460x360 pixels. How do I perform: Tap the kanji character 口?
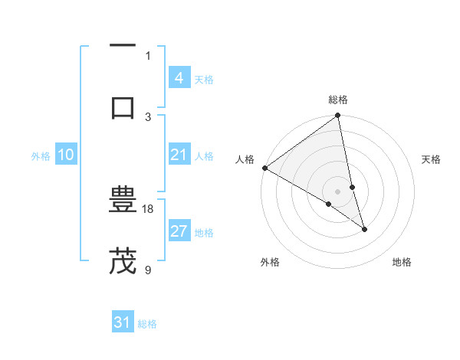pos(123,107)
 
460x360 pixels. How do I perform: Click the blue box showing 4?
pos(179,78)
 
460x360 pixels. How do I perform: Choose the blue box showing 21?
pos(179,155)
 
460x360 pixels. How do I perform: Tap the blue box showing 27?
pos(179,232)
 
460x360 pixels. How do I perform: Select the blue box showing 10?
pos(65,155)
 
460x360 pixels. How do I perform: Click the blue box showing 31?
pos(123,323)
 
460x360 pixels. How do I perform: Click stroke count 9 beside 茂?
pos(149,269)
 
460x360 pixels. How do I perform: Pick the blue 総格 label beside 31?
pos(147,324)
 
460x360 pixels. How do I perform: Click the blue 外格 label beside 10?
pos(41,156)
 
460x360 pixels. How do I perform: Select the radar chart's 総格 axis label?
pos(338,100)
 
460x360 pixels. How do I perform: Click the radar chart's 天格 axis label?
pos(431,159)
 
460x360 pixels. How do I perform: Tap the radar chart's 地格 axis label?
pos(402,262)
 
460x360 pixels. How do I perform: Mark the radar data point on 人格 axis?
pos(264,168)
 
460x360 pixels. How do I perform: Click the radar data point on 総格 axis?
pos(338,116)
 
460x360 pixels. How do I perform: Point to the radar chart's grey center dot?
pos(338,191)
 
